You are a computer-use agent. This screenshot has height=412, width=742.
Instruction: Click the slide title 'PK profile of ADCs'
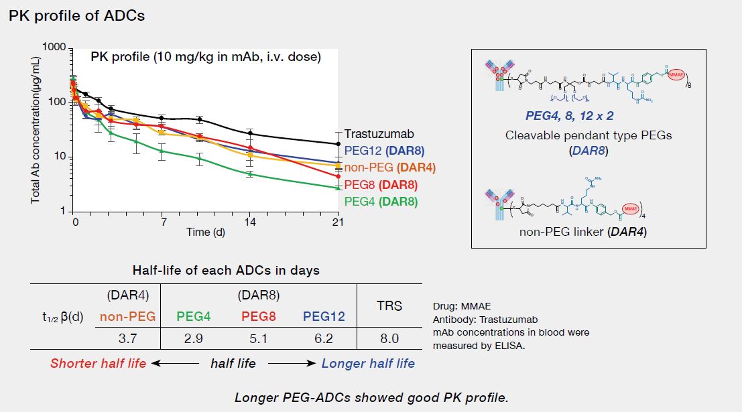tap(76, 16)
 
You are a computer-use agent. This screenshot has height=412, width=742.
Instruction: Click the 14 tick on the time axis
tap(250, 221)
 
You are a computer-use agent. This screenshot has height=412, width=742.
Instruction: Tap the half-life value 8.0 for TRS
tap(389, 338)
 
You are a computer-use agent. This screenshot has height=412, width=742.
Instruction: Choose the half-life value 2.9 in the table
tap(193, 338)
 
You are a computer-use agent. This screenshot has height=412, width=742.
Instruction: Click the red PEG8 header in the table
tap(258, 316)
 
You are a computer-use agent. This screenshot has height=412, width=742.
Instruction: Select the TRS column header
tap(389, 305)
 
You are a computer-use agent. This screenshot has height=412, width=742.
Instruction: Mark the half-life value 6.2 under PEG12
tap(324, 338)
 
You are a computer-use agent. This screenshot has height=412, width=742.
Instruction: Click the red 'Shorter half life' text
tap(98, 363)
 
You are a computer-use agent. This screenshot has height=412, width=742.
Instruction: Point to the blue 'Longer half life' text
tap(368, 363)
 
